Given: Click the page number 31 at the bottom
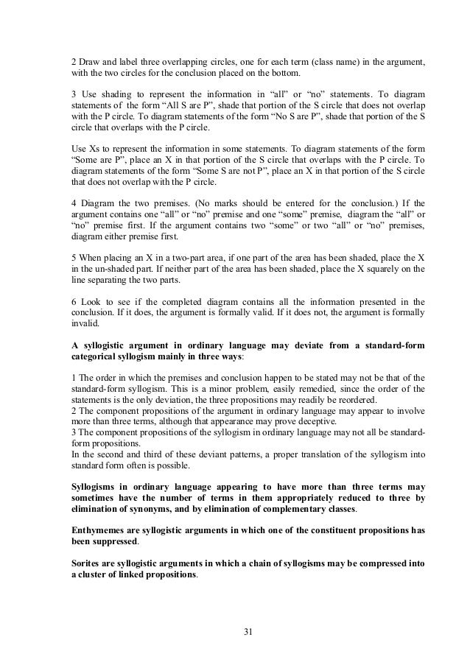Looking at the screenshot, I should click(x=248, y=631).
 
